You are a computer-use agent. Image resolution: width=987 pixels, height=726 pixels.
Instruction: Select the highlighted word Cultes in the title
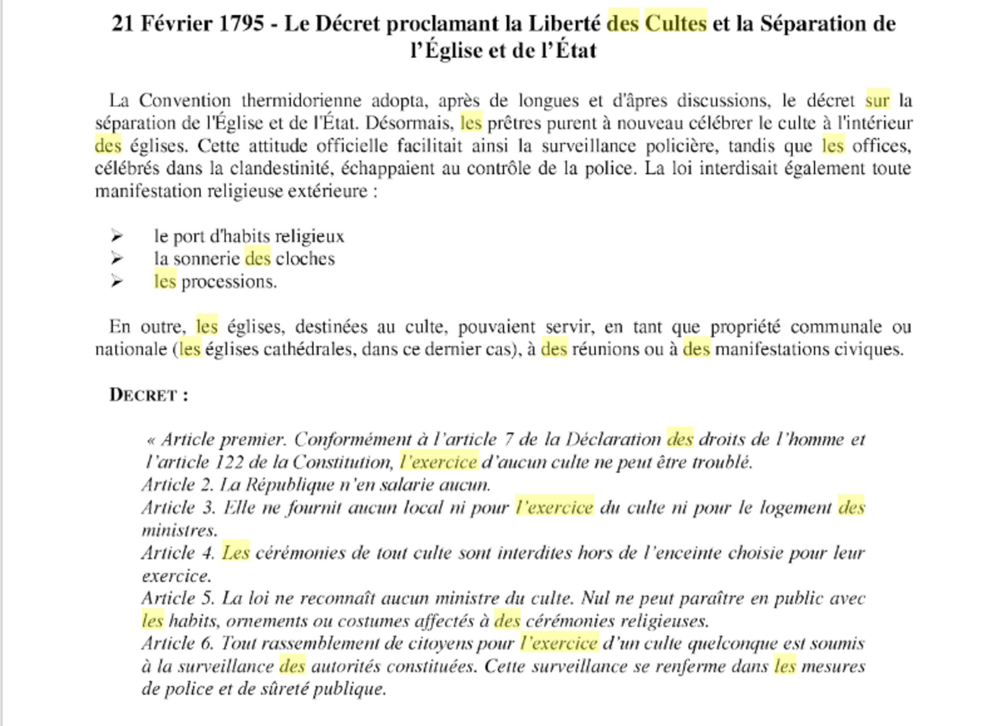pos(676,23)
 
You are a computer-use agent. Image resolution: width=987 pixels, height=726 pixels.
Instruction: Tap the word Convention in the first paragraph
pos(184,100)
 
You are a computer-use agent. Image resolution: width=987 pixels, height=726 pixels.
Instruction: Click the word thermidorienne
pos(301,100)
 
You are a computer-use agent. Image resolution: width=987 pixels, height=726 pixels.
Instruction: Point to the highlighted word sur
pos(877,100)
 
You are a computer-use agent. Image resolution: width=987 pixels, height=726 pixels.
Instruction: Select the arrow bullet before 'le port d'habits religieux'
pos(117,236)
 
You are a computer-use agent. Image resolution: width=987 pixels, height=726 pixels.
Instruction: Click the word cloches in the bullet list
pos(305,259)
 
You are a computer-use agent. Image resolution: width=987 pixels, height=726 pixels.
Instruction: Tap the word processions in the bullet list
pos(229,282)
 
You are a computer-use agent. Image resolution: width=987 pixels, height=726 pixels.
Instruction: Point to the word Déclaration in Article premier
pos(613,439)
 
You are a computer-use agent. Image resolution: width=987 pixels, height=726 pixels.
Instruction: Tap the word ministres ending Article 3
pos(179,530)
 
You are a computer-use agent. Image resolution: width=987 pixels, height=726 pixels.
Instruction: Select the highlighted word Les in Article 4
pos(236,553)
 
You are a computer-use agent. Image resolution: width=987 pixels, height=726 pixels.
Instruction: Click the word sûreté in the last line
pos(284,689)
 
